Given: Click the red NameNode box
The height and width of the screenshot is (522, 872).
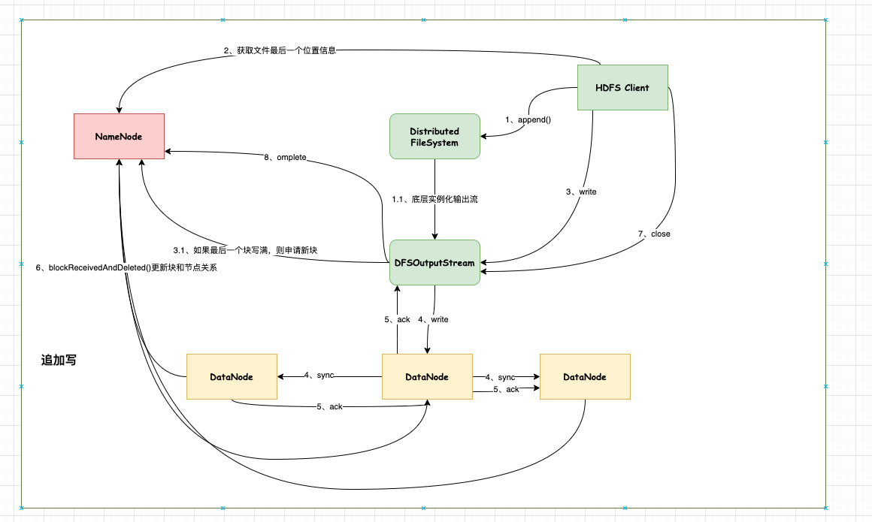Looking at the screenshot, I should [119, 136].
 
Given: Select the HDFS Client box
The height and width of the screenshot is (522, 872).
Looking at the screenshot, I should [622, 88].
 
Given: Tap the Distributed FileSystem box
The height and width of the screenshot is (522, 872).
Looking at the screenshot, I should [434, 136].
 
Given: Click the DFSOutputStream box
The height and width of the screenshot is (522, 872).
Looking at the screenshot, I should [434, 263].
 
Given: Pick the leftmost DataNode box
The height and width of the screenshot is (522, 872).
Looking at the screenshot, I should [232, 376].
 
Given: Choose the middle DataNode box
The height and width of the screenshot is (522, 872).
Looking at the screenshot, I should [427, 376].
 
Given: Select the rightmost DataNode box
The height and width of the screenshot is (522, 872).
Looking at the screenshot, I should [585, 376].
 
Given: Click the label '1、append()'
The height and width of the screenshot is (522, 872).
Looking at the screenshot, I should [528, 120].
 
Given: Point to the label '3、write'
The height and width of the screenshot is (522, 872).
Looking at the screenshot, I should [580, 192].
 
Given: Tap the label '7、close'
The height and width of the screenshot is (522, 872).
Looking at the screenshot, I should [654, 234].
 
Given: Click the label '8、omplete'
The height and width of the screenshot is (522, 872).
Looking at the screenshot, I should [286, 158].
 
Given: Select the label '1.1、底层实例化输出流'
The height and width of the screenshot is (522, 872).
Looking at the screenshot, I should [434, 200].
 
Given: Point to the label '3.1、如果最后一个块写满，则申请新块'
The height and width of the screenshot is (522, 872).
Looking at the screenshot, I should [250, 249].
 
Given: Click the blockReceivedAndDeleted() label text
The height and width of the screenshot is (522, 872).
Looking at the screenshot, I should [126, 268].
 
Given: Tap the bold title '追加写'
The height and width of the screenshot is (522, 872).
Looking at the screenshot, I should [58, 361].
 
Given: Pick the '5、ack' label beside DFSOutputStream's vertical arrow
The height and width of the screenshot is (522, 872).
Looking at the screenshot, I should [397, 320].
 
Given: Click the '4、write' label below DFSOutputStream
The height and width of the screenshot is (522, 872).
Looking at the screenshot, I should [433, 320].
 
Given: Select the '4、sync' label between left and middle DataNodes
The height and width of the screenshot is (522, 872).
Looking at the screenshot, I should [319, 375].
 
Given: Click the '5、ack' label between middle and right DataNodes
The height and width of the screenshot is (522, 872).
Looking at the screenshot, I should [506, 389].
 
